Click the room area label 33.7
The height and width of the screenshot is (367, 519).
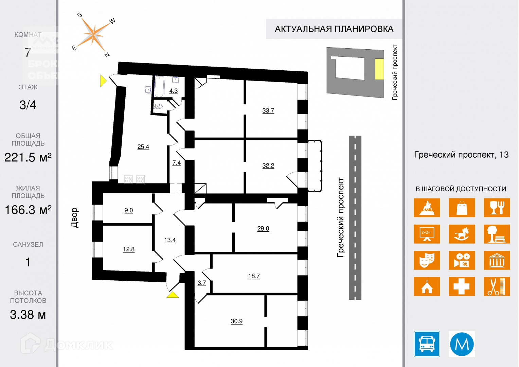tap(268, 110)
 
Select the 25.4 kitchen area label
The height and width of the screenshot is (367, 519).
tap(143, 147)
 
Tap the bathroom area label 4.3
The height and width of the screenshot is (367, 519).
tap(173, 91)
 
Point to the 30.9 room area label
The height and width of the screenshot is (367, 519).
tap(236, 321)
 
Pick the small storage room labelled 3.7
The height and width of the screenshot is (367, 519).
tap(202, 283)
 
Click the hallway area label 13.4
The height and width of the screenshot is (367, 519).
tap(170, 240)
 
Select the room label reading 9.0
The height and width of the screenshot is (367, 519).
tap(129, 210)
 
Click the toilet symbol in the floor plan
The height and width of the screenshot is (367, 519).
tap(159, 106)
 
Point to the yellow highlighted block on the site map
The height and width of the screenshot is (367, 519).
tap(379, 69)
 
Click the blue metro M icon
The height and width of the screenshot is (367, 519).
tap(462, 344)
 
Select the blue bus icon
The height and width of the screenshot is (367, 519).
tap(427, 344)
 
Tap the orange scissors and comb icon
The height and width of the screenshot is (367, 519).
tap(497, 286)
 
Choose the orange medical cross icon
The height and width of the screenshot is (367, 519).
tap(462, 286)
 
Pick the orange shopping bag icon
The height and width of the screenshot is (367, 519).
tap(462, 207)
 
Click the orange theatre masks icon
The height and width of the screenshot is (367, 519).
tap(427, 260)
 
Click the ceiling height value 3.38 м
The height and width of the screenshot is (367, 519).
tap(28, 315)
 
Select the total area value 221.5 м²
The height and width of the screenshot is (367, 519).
tap(28, 157)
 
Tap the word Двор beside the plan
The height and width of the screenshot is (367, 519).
tap(74, 217)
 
